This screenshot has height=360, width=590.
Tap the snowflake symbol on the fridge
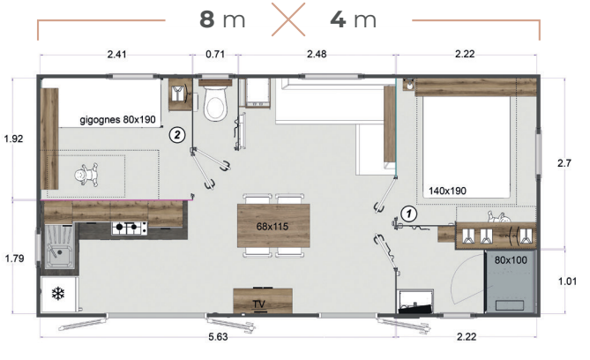(58, 294)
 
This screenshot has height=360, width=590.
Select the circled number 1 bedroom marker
(409, 214)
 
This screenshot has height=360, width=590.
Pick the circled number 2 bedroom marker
(177, 134)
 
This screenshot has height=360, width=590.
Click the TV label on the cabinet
(259, 304)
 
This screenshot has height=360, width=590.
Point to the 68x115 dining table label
(272, 226)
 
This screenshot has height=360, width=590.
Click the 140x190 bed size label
(447, 191)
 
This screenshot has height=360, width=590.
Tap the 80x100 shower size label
(511, 259)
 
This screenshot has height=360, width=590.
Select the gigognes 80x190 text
(117, 120)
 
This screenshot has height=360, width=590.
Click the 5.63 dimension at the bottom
(218, 337)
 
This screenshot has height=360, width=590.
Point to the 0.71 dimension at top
(215, 54)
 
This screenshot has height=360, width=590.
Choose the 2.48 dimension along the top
(317, 54)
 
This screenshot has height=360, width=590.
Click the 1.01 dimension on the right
(567, 281)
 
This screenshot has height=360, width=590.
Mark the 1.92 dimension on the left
(13, 139)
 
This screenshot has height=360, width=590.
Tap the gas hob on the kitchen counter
(129, 228)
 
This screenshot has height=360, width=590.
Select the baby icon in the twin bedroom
(86, 175)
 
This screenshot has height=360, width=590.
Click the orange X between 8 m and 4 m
(288, 19)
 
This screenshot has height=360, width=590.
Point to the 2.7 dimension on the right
(564, 163)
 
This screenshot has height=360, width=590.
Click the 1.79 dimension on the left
(14, 259)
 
